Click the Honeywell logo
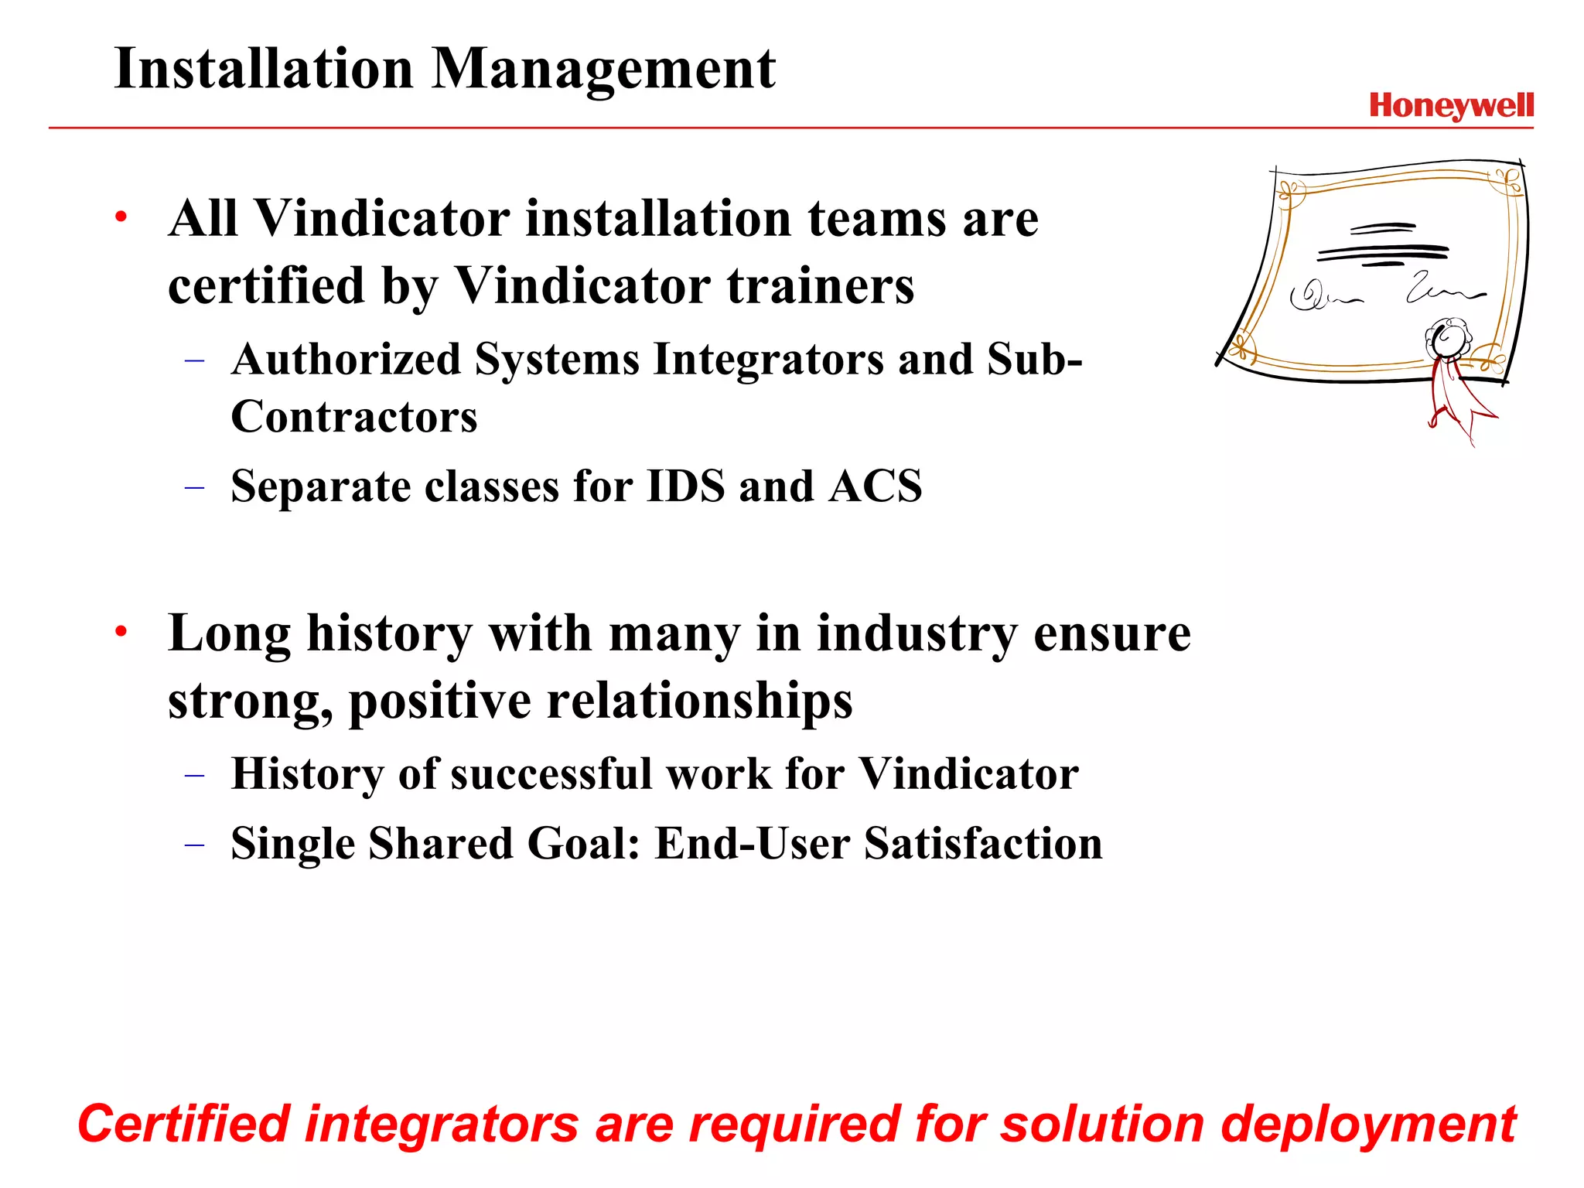pyautogui.click(x=1451, y=106)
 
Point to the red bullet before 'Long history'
pyautogui.click(x=121, y=632)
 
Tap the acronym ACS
pyautogui.click(x=876, y=486)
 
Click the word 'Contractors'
pyautogui.click(x=354, y=417)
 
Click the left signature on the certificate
pyautogui.click(x=1323, y=295)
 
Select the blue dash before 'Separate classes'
pyautogui.click(x=195, y=487)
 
